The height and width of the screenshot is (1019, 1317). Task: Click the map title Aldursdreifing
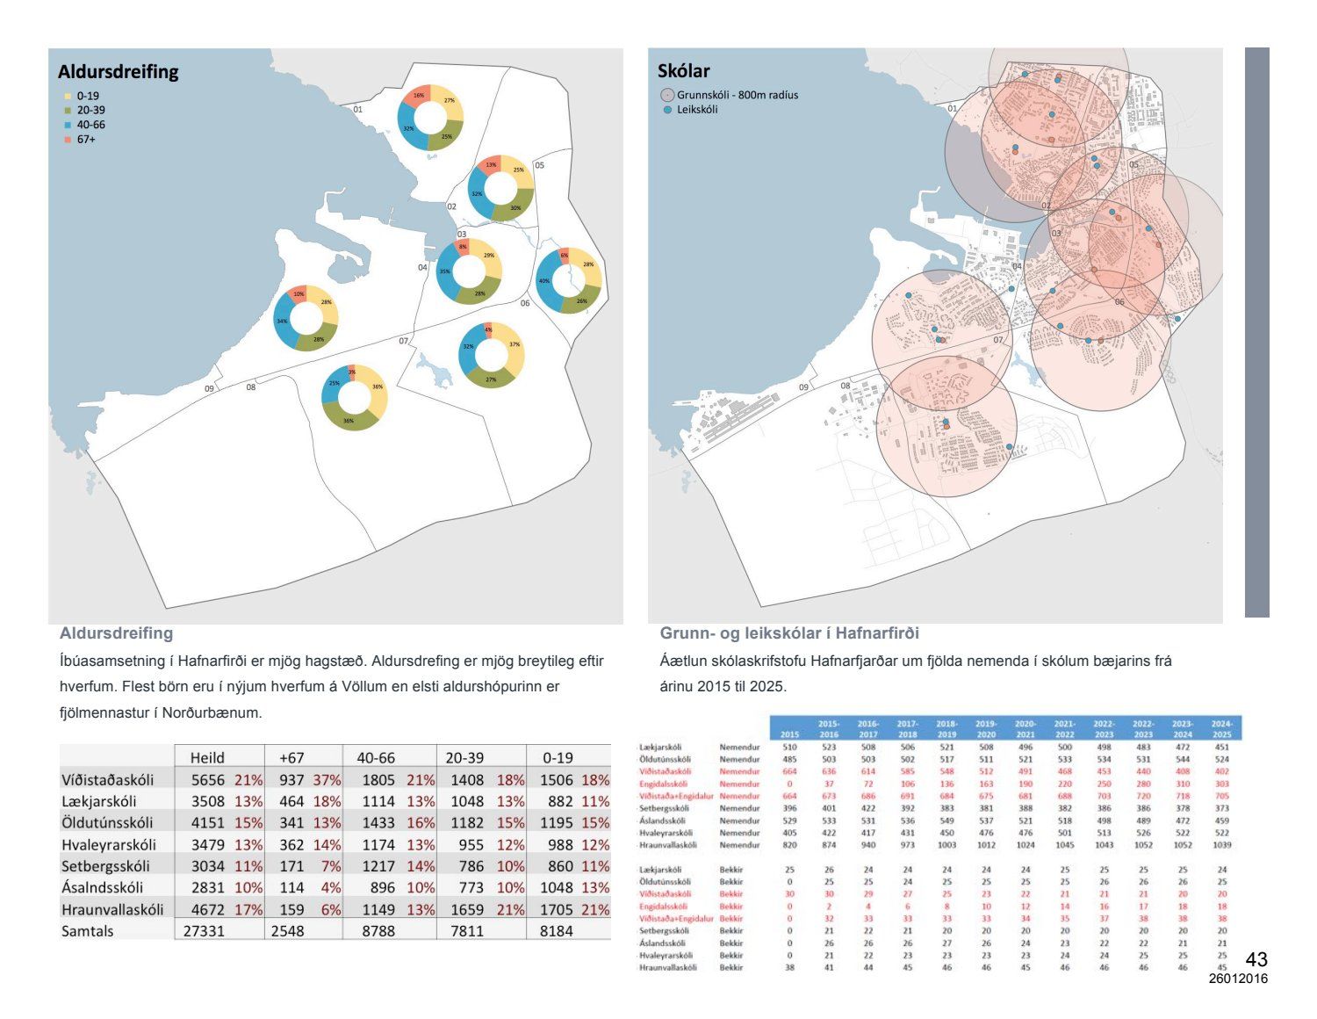click(x=118, y=72)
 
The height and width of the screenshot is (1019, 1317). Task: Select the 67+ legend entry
click(x=85, y=140)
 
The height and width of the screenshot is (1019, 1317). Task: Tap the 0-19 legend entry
click(x=87, y=96)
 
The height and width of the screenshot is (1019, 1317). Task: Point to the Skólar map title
click(x=683, y=71)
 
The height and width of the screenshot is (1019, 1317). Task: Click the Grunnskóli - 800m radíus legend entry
click(x=737, y=95)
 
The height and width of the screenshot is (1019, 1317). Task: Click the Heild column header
click(x=207, y=757)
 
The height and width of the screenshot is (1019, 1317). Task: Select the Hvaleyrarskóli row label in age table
click(x=109, y=844)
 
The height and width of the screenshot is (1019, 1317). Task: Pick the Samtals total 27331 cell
click(x=204, y=930)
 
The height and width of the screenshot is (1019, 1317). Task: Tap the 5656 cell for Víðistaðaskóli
click(x=208, y=779)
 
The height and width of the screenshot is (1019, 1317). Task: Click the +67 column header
click(x=291, y=757)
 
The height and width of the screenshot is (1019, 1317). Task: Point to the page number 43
click(x=1256, y=959)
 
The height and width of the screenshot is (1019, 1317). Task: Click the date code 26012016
click(x=1238, y=979)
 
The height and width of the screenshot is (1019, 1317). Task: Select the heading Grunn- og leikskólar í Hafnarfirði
click(x=789, y=633)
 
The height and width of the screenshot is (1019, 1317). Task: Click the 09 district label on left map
click(x=209, y=388)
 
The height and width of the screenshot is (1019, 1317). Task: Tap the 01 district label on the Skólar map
click(x=953, y=109)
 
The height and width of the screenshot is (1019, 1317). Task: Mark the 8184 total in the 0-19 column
click(x=557, y=930)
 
